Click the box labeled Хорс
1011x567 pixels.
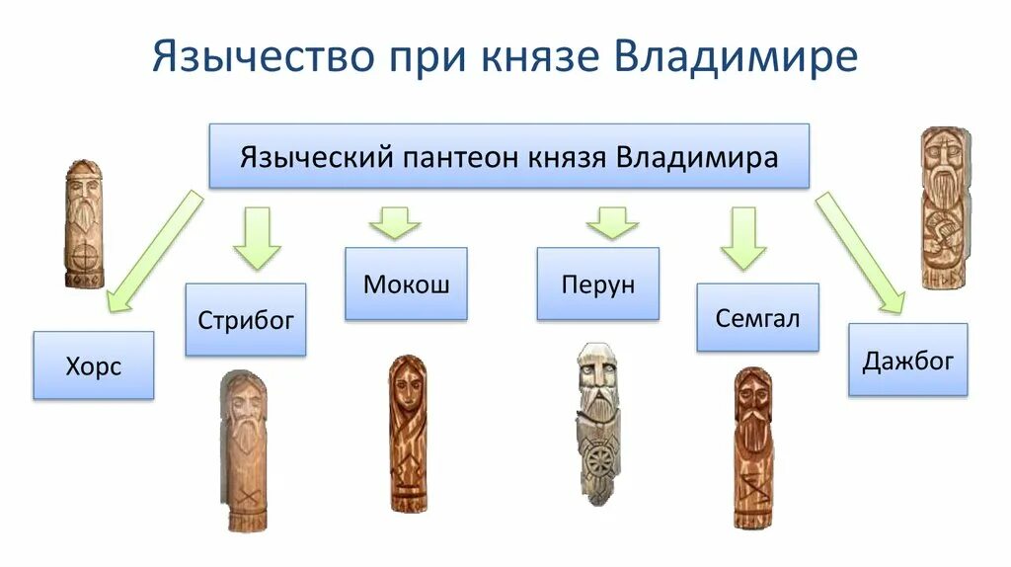point(94,365)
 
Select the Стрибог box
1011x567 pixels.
point(246,319)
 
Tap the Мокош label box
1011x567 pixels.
point(406,284)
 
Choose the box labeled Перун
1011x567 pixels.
point(597,284)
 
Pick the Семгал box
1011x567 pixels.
point(757,318)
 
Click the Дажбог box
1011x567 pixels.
point(907,361)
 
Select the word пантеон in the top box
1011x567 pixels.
point(466,156)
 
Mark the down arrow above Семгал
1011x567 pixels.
point(743,237)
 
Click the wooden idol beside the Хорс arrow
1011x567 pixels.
point(84,224)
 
